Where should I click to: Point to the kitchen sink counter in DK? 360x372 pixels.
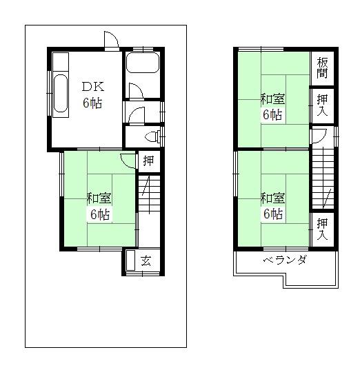pos(60,91)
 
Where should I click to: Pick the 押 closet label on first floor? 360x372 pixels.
pos(148,162)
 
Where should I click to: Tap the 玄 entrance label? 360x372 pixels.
pos(146,261)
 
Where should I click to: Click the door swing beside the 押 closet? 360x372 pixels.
pos(127,161)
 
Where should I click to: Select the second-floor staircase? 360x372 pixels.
pos(322,179)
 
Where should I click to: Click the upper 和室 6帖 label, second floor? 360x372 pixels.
pos(272,107)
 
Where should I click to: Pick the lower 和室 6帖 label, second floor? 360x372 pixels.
pos(272,205)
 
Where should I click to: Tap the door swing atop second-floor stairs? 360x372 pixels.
pos(318,135)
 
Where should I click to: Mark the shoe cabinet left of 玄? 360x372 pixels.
pos(131,262)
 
